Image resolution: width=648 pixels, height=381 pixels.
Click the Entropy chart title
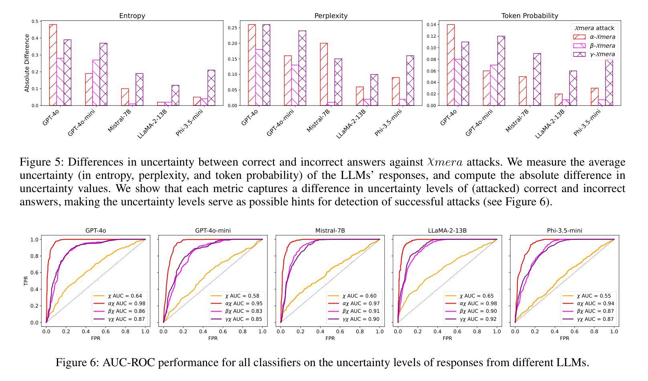point(132,16)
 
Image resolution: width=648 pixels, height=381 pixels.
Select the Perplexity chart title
point(331,16)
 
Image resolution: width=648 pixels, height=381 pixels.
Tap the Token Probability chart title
point(529,16)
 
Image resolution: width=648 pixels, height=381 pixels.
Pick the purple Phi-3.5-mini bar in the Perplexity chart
point(410,81)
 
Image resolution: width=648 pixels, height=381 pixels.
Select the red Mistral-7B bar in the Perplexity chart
point(324,74)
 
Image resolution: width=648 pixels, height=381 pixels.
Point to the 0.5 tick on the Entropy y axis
point(35,21)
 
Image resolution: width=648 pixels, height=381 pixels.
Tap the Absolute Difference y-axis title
point(27,63)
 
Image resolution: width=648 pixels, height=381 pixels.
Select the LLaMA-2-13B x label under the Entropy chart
point(153,124)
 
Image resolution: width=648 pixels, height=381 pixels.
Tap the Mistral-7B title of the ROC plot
point(330,231)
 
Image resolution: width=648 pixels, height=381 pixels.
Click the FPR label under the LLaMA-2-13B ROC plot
point(447,338)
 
